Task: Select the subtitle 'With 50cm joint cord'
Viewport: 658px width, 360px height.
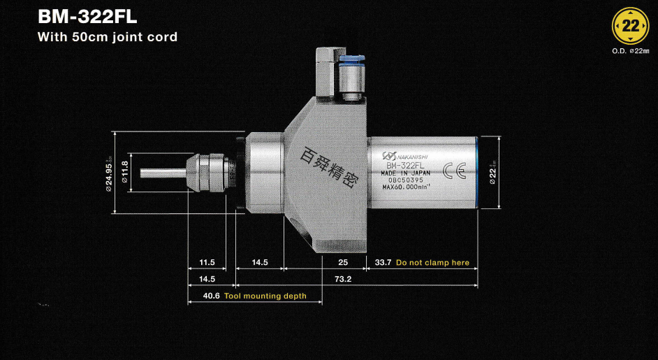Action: (x=107, y=37)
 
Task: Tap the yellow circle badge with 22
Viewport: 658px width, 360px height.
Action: (x=630, y=27)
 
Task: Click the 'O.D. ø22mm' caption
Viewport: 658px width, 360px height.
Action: (x=630, y=51)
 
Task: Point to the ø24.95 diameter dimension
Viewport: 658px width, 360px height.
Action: (x=109, y=171)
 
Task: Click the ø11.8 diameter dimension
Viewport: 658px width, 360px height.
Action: (x=125, y=172)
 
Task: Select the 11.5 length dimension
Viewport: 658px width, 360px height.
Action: (x=207, y=263)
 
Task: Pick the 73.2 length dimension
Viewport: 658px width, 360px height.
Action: (x=343, y=279)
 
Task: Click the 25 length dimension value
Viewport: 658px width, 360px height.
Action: (x=343, y=263)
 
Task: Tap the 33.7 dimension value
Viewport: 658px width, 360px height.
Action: (x=383, y=263)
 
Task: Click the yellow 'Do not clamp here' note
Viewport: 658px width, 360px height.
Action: (x=432, y=263)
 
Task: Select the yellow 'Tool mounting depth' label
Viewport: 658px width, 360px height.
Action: (x=265, y=296)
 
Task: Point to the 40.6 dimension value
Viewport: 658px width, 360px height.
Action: (x=211, y=296)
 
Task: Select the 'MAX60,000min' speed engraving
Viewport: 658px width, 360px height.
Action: (x=407, y=187)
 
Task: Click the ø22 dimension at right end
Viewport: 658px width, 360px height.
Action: (x=493, y=172)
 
